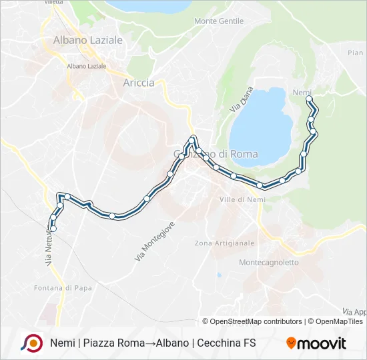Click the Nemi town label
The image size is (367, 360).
[302, 91]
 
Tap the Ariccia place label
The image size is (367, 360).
[139, 83]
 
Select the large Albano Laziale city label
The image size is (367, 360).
[88, 40]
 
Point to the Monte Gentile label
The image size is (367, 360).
[219, 21]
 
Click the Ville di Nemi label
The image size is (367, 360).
[242, 199]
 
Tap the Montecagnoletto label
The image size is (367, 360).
[269, 263]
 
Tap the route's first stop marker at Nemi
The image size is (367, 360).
[309, 99]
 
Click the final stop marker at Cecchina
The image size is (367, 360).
[53, 229]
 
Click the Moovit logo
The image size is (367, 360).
[316, 343]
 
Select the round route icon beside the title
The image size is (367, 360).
[31, 343]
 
